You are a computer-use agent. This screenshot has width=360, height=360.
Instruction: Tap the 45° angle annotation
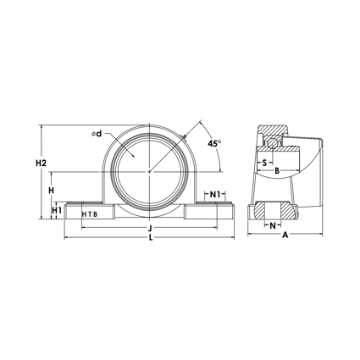pyautogui.click(x=213, y=142)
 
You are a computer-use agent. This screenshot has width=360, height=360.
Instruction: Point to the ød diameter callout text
pyautogui.click(x=97, y=134)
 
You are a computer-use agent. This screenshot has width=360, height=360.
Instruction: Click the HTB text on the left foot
pyautogui.click(x=89, y=213)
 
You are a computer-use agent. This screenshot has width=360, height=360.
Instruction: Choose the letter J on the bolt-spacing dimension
pyautogui.click(x=150, y=229)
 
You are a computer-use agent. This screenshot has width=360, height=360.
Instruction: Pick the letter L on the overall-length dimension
pyautogui.click(x=150, y=240)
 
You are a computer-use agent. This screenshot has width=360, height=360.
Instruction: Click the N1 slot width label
pyautogui.click(x=216, y=195)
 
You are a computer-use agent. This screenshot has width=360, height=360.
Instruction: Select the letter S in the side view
pyautogui.click(x=264, y=162)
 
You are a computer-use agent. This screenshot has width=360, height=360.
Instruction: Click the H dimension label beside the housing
pyautogui.click(x=52, y=191)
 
